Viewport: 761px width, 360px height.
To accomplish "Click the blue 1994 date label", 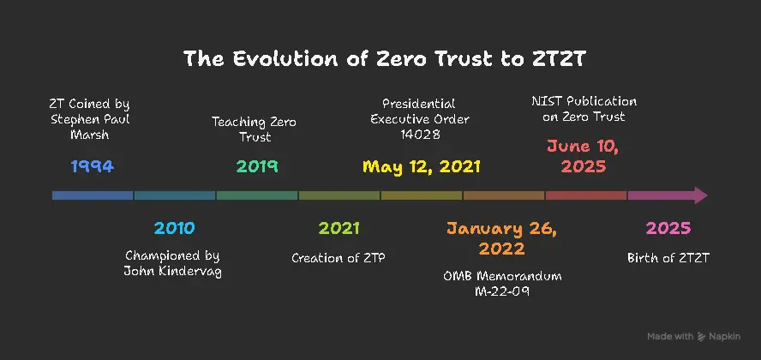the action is (93, 166).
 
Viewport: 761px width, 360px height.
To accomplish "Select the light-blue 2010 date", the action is (174, 228).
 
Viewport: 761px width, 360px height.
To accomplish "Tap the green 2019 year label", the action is (257, 166).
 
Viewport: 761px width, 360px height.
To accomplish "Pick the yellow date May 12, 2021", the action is (422, 166).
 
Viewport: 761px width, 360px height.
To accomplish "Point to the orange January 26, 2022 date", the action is (502, 238).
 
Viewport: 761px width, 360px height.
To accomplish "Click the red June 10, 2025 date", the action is (584, 156).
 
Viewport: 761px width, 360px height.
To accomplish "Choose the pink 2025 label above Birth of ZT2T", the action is (668, 228).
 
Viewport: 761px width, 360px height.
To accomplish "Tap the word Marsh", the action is (90, 135).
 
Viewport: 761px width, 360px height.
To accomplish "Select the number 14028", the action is (420, 135).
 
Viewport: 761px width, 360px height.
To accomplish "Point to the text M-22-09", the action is (502, 291).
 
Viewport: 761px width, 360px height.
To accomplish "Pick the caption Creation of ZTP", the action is (339, 258).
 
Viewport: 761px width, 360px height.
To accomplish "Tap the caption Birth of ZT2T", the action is (668, 258).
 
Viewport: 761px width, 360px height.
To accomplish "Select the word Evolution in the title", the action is (285, 59).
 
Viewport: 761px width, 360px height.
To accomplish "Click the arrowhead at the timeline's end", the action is (700, 195).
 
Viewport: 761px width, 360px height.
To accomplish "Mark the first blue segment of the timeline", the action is (93, 195).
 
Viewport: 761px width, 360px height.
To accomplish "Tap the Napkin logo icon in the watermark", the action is (701, 336).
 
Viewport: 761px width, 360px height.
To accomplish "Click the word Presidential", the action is (419, 104).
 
